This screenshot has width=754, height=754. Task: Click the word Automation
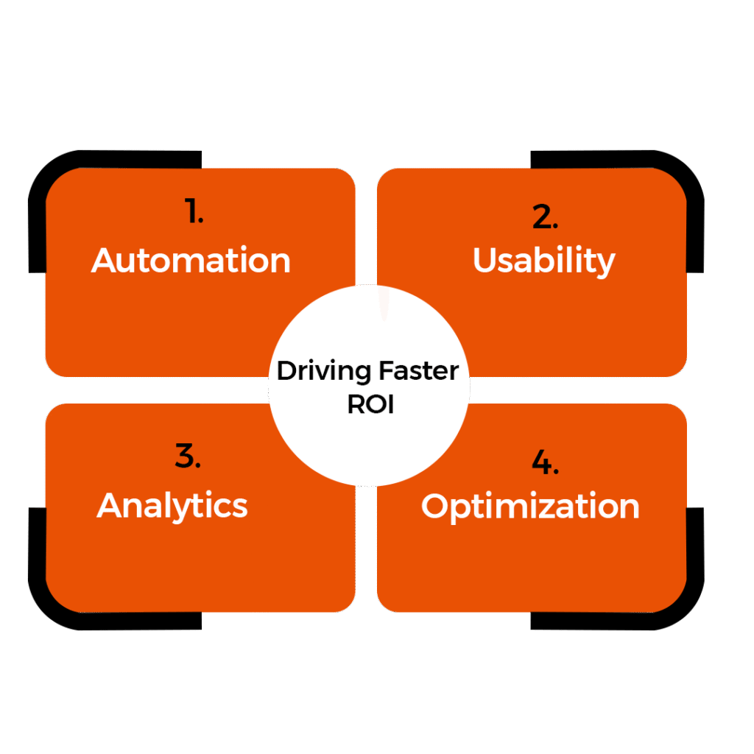coord(191,261)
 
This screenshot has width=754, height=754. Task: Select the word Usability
coord(543,261)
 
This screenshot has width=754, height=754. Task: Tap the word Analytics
coord(172,505)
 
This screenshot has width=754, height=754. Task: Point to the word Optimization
coord(530,507)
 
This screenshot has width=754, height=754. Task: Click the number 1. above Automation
coord(194,212)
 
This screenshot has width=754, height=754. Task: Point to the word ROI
coord(370,404)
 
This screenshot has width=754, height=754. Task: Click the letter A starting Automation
coord(105,261)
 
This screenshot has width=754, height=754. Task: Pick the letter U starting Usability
coord(485,261)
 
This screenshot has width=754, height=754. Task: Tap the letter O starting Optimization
coord(437,507)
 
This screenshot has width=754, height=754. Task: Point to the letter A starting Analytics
coord(110,505)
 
